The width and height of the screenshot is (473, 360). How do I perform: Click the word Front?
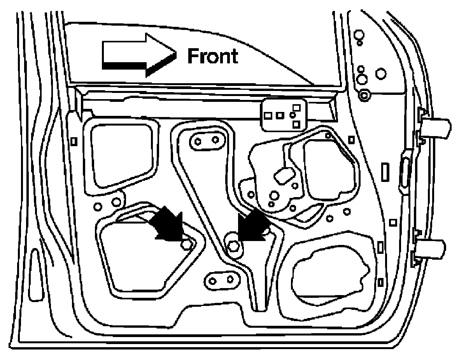212,57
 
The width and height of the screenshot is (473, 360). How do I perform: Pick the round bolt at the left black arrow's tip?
187,245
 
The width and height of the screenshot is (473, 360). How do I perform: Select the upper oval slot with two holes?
207,141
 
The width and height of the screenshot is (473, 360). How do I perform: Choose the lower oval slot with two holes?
222,279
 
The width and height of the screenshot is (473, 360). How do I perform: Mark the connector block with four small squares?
284,115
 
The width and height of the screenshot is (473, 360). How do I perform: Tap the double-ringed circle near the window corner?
364,95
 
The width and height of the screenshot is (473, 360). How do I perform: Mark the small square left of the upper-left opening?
74,141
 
